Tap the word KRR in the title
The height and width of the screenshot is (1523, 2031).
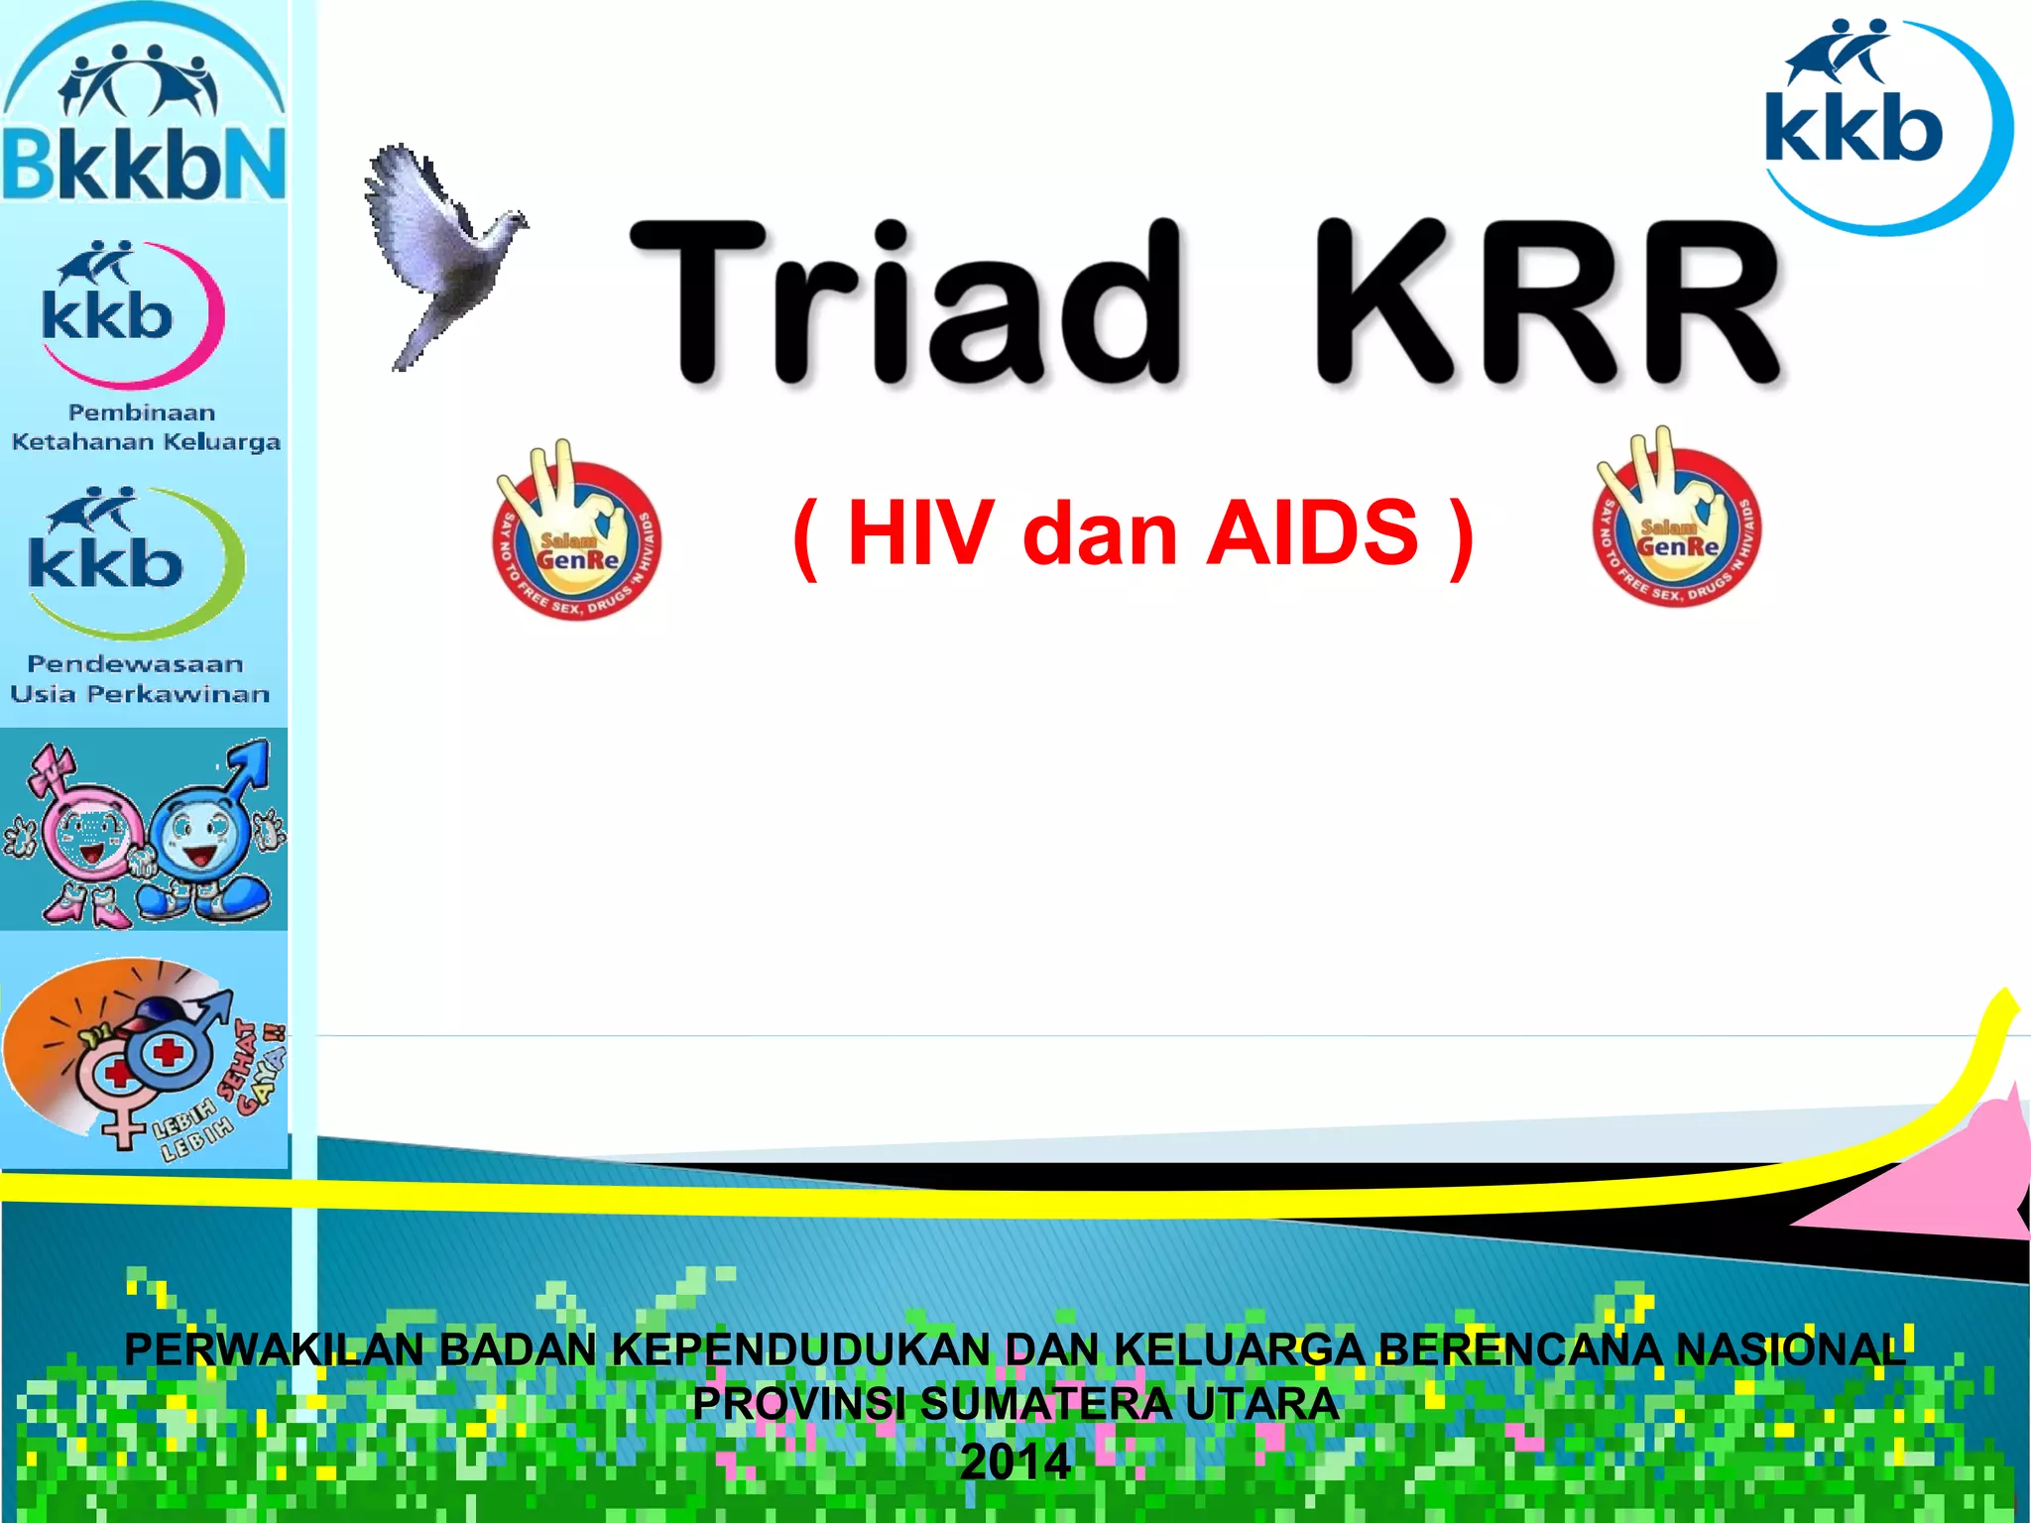point(1547,302)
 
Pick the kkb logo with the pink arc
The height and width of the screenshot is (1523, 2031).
point(124,312)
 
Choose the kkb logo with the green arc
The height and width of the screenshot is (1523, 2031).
point(124,560)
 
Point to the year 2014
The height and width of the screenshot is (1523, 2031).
point(1015,1462)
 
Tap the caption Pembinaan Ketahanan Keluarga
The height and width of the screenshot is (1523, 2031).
point(145,427)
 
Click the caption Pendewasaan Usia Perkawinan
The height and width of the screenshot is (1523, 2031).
point(139,678)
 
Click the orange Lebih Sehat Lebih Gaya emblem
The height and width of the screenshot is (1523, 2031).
point(139,1056)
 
